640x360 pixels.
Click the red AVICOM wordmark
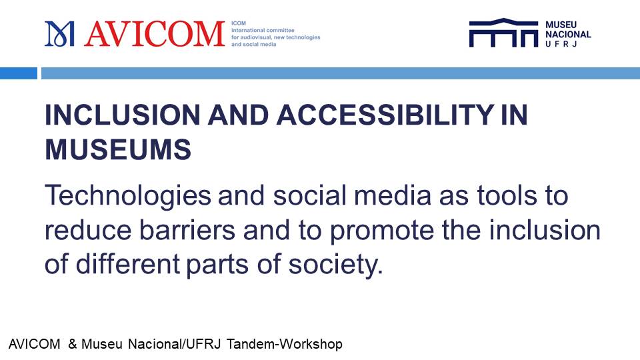[x=155, y=34]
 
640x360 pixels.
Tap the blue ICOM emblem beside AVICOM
[x=59, y=34]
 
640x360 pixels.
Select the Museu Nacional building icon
[x=504, y=33]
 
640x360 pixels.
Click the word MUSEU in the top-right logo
[x=561, y=25]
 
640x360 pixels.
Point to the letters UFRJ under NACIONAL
[x=561, y=44]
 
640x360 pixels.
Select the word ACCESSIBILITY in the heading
[x=385, y=115]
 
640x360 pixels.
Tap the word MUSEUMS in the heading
[x=118, y=149]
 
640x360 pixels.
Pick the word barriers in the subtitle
[x=187, y=230]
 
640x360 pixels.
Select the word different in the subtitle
[x=128, y=264]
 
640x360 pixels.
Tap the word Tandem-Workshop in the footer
[x=285, y=344]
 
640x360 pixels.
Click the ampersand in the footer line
[x=72, y=344]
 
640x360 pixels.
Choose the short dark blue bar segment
[x=19, y=73]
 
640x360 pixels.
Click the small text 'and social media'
[x=254, y=45]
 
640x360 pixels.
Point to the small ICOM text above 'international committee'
[x=239, y=23]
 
